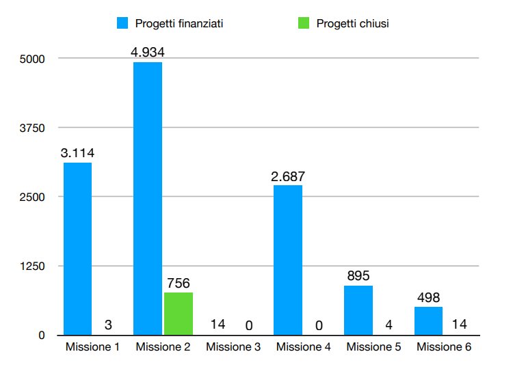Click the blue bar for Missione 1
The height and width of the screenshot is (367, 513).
tap(77, 249)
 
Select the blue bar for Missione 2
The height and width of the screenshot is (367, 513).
tap(148, 198)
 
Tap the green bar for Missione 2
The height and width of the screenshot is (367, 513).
tap(178, 314)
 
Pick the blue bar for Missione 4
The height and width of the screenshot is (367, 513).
tap(288, 260)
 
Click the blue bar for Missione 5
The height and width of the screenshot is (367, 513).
tap(358, 310)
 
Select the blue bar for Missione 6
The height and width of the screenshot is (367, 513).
tap(428, 321)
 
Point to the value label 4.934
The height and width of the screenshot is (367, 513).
tap(148, 52)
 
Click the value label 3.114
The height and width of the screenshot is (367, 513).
tap(77, 152)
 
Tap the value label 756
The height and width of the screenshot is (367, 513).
tap(178, 282)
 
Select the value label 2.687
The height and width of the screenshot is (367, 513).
tap(288, 176)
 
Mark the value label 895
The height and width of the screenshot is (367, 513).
tap(358, 275)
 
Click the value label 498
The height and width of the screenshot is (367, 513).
tap(428, 297)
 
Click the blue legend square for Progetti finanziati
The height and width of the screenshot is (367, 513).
tap(122, 23)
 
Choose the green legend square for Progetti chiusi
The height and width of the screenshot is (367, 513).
tap(303, 23)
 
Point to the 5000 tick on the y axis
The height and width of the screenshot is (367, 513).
tap(31, 59)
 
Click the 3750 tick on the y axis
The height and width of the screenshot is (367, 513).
tap(31, 128)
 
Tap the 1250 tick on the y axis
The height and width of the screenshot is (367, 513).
tap(31, 266)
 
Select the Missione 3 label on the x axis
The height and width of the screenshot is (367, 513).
tap(233, 347)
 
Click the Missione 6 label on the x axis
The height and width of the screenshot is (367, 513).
tap(444, 347)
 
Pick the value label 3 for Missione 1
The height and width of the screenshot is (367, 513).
tap(107, 325)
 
